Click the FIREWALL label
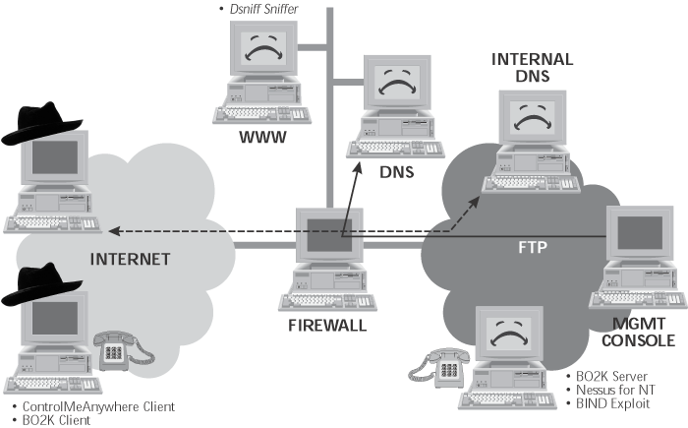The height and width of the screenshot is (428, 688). tap(327, 326)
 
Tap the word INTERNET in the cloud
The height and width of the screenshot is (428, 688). tap(131, 260)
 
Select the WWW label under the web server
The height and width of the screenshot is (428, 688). tap(262, 137)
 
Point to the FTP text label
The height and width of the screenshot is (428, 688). tap(533, 247)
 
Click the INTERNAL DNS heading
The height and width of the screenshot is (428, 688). tap(533, 68)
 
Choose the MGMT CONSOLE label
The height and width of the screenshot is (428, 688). tap(639, 333)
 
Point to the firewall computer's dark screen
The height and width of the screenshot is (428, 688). tap(329, 235)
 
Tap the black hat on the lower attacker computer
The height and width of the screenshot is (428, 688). tap(41, 284)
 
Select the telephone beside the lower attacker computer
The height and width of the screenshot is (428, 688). tap(123, 350)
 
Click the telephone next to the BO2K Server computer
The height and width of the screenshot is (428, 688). tap(438, 368)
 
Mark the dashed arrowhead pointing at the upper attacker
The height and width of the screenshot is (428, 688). tap(115, 230)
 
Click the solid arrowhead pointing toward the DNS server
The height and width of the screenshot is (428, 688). tap(358, 168)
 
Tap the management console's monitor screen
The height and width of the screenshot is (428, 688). tap(640, 233)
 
